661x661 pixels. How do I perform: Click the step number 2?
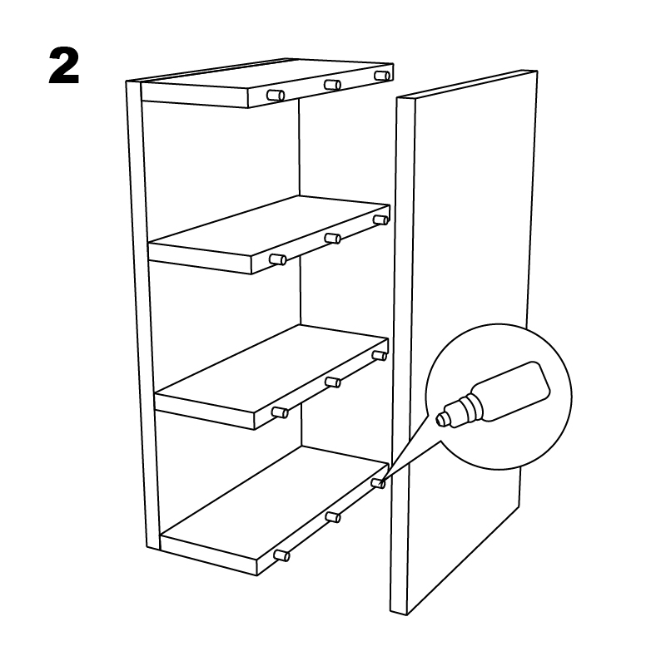tap(64, 66)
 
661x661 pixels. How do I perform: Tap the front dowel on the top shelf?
tap(276, 96)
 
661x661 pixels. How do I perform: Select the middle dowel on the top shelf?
tap(333, 85)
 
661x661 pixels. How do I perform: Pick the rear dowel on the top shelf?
tap(382, 76)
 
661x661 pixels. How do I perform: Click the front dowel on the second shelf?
tap(278, 259)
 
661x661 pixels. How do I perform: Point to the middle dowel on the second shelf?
tap(333, 239)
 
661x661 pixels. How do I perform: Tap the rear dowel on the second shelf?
tap(380, 220)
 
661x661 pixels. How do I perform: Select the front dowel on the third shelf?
tap(281, 412)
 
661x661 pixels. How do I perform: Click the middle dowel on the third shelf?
tap(333, 382)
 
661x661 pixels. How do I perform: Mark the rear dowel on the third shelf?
tap(380, 356)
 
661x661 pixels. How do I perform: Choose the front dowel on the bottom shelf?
tap(282, 555)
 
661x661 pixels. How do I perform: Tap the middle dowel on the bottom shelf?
tap(333, 517)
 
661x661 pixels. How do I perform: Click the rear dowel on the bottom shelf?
tap(379, 484)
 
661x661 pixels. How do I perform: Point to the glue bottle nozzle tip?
tap(440, 419)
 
